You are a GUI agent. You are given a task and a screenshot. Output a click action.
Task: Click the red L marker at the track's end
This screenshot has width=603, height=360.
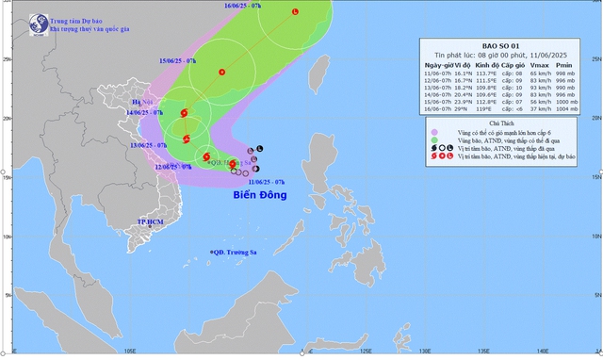(x=294, y=11)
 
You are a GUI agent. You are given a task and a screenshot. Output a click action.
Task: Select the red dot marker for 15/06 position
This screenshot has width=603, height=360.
(x=222, y=72)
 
